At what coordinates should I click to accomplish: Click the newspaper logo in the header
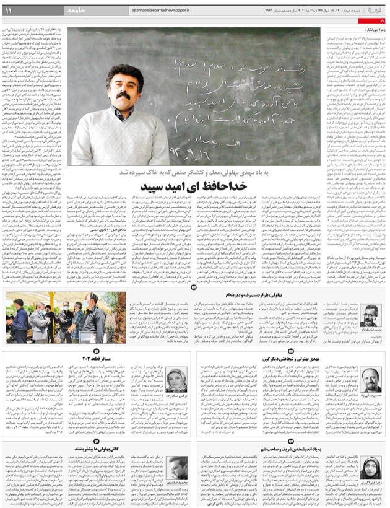click(x=377, y=9)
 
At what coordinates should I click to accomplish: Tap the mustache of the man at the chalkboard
click(x=124, y=98)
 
